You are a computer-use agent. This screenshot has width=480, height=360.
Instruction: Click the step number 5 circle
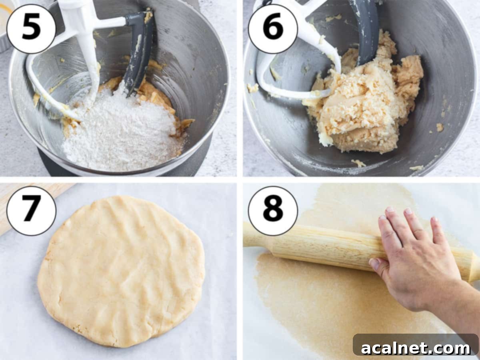(31, 29)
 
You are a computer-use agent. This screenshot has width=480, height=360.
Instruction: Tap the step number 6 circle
(273, 29)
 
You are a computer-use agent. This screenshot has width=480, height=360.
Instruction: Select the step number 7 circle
(31, 211)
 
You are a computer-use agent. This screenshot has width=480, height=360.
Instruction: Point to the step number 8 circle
(273, 211)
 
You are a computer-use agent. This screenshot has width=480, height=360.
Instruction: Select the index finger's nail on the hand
(389, 210)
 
